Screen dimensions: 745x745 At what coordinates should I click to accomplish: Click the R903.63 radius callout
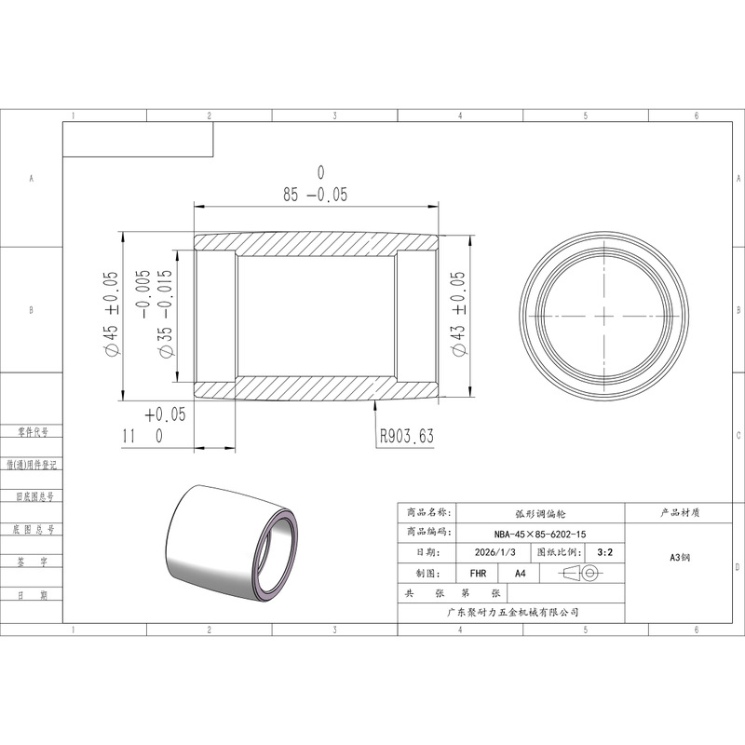(407, 436)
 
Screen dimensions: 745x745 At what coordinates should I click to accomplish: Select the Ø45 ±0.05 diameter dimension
(111, 313)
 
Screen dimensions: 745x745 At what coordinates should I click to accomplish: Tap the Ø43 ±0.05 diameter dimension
(458, 314)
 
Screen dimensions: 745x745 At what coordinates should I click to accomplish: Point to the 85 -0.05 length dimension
(316, 195)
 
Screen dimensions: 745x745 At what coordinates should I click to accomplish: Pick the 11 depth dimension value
(129, 436)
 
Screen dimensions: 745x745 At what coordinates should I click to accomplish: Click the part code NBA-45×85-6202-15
(540, 534)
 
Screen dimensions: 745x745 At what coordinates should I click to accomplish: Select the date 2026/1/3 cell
(494, 552)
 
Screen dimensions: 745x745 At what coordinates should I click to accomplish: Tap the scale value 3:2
(604, 552)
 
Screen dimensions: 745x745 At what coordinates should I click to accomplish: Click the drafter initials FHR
(478, 574)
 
